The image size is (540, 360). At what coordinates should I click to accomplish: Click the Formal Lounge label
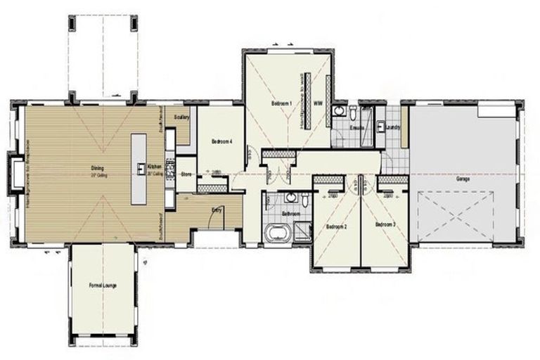(103, 285)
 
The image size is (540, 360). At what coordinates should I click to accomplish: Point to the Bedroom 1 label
(282, 103)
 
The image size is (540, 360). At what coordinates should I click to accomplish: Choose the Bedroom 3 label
(385, 224)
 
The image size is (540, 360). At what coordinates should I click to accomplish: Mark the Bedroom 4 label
(221, 141)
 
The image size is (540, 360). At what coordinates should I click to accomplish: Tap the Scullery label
(181, 117)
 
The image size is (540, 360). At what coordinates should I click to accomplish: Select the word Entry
(218, 209)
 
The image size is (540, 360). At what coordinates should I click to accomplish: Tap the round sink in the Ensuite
(340, 111)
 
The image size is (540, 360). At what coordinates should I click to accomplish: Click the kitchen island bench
(139, 169)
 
